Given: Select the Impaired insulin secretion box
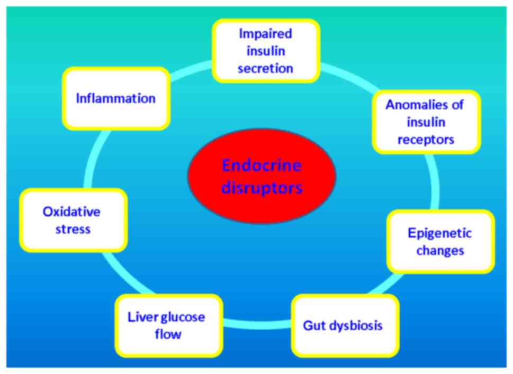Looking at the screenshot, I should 265,51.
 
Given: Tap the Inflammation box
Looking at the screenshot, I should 116,98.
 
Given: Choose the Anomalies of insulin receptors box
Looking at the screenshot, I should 426,122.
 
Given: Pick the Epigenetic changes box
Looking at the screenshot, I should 440,241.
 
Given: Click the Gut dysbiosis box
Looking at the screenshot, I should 344,325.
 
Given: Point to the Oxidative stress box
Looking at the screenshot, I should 73,220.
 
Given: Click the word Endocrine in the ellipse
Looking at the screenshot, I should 262,166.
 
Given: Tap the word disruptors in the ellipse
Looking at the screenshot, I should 262,187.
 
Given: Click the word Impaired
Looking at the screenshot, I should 265,34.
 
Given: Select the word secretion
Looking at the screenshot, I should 265,68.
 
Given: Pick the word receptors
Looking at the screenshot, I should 426,139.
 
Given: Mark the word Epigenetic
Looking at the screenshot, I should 440,233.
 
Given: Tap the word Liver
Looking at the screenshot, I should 140,317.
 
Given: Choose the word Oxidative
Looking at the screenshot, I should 71,212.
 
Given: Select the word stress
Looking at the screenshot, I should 71,229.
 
